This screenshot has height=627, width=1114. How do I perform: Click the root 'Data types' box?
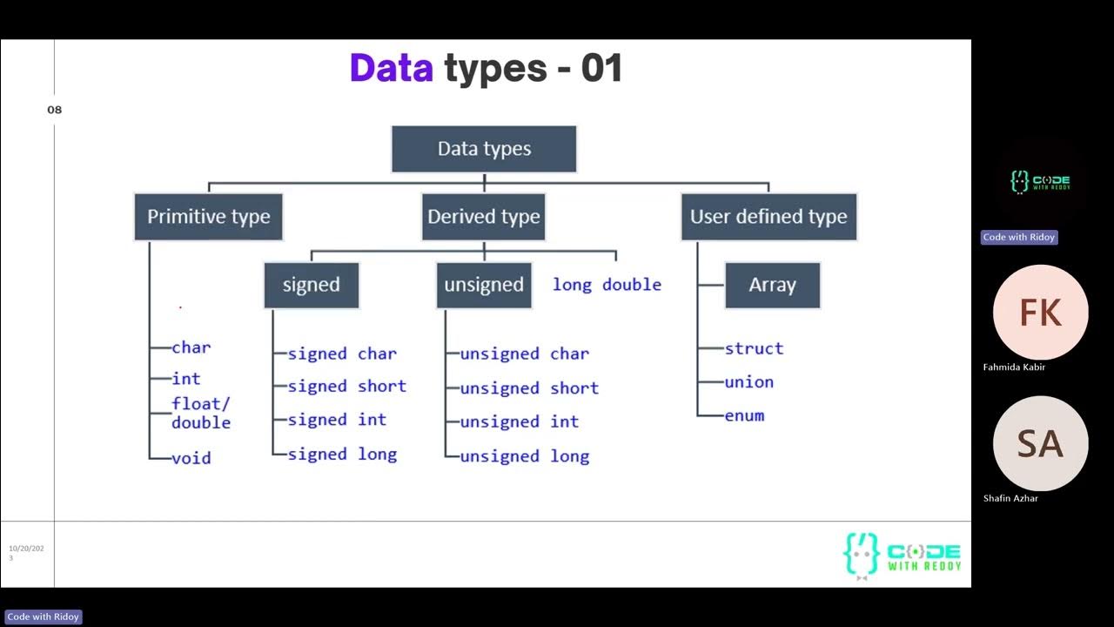[484, 149]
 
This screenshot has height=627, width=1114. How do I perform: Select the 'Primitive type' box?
[208, 217]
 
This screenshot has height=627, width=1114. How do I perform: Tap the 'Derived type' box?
[484, 217]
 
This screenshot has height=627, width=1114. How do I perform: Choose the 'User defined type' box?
[768, 217]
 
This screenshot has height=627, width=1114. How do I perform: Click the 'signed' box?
[311, 285]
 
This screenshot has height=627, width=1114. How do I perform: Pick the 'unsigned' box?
[484, 285]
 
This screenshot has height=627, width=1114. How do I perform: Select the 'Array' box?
[772, 285]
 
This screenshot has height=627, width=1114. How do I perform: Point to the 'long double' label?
[607, 285]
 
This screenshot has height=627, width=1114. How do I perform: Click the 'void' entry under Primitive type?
[191, 458]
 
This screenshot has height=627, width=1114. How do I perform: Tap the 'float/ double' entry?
[201, 413]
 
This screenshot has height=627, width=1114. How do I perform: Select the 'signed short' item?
[346, 386]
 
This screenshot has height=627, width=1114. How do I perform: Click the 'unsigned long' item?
[524, 456]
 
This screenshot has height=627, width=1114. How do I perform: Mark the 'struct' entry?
[754, 348]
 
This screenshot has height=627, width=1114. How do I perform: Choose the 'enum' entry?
[744, 415]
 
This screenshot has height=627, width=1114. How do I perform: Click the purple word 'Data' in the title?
[391, 68]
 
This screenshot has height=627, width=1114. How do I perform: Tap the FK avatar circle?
[1040, 313]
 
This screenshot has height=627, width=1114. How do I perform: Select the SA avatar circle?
[1040, 444]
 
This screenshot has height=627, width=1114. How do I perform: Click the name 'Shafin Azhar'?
[1010, 498]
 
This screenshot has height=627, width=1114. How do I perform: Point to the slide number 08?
[55, 110]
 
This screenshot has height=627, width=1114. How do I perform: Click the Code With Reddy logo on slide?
[902, 555]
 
